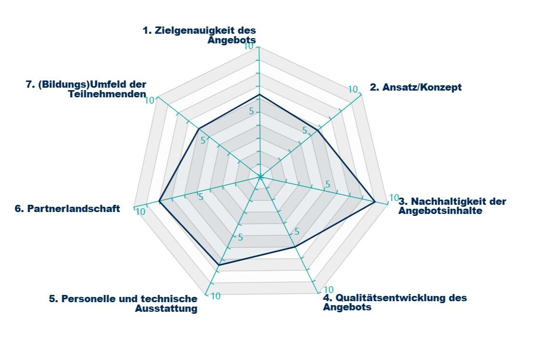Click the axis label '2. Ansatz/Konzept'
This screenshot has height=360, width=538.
coord(416,87)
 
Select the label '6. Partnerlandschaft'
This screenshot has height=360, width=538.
coord(67,209)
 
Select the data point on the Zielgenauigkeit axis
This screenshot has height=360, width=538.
coord(259,94)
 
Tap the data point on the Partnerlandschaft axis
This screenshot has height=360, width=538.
coord(159,201)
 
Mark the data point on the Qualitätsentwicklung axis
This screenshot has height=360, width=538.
coord(295,247)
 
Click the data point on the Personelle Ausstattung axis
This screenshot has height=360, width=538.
coord(219,265)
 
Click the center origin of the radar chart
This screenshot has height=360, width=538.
coord(259,177)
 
